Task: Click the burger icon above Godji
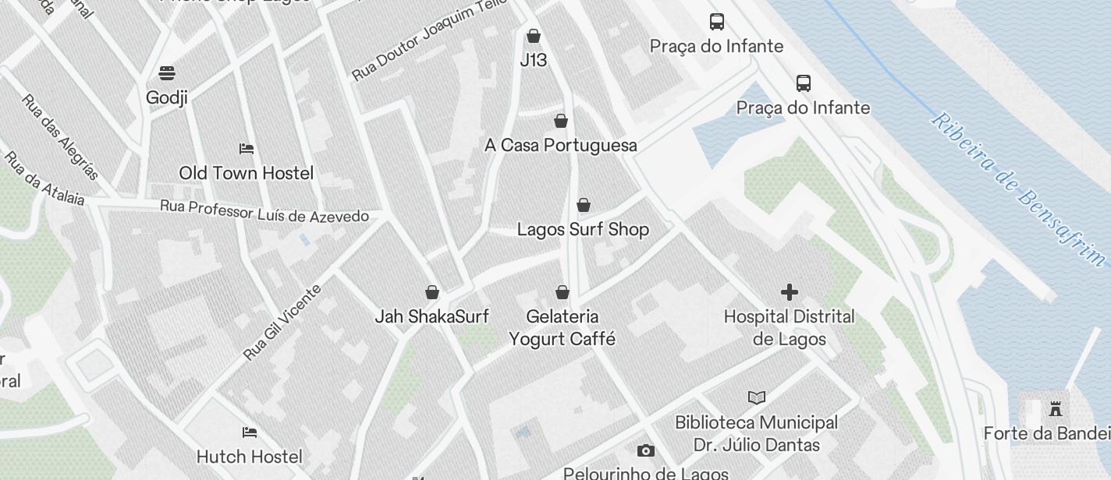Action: tap(166, 73)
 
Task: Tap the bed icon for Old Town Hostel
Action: tap(247, 148)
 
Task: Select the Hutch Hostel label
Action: tap(249, 457)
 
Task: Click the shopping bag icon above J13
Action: tap(534, 36)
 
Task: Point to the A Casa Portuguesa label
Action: tap(560, 146)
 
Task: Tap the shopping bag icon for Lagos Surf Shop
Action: tap(583, 205)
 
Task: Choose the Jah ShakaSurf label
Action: tap(431, 316)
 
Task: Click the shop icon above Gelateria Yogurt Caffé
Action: tap(562, 292)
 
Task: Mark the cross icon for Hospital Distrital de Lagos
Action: tap(789, 292)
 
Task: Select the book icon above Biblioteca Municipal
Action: tap(756, 397)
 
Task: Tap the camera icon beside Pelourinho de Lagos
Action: tap(645, 451)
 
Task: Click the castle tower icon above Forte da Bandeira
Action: tap(1056, 408)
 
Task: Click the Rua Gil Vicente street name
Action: tap(282, 323)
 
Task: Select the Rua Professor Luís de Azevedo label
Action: tap(264, 211)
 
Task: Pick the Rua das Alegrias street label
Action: tap(60, 137)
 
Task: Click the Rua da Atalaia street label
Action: tap(44, 178)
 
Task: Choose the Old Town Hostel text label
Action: tap(246, 173)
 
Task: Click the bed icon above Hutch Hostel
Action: tap(249, 432)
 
